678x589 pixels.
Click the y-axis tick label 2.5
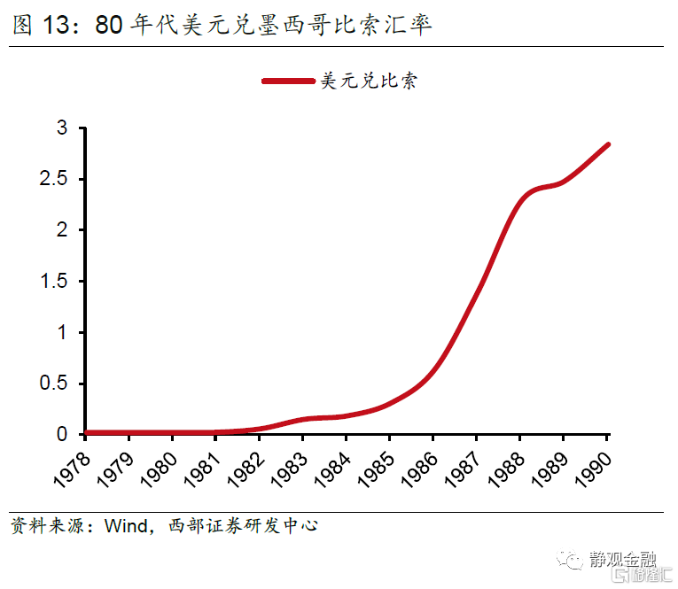[x=56, y=179]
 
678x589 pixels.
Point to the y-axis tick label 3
[x=62, y=128]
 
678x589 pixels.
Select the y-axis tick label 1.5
[x=56, y=282]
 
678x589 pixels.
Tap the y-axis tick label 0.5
[x=56, y=384]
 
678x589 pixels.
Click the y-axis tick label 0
[x=62, y=435]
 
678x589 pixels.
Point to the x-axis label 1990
[x=593, y=466]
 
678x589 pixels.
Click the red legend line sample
[x=288, y=81]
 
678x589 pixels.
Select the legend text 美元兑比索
[x=368, y=81]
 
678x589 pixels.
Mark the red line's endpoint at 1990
[x=608, y=144]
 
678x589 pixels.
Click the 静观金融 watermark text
[x=623, y=560]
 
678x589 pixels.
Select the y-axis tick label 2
[x=62, y=230]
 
